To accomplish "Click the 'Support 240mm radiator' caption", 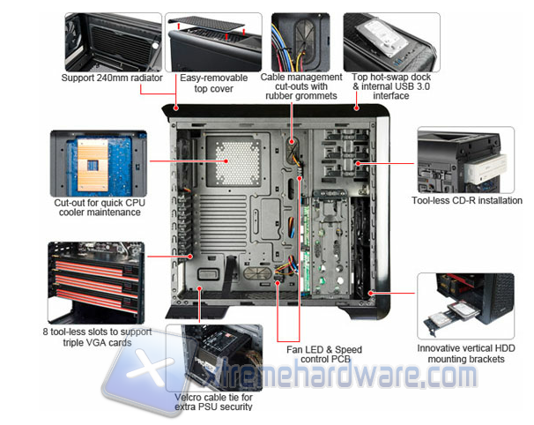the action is [112, 78].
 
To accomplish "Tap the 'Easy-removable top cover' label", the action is [213, 83].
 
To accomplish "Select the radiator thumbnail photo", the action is [114, 42].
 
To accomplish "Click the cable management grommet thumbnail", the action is [300, 42].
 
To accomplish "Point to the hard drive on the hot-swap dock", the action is [382, 38].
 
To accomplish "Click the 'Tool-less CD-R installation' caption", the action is [467, 200].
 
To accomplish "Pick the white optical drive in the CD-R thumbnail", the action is [485, 169].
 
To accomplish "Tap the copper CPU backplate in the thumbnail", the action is [93, 165].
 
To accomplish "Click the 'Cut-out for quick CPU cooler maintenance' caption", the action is [100, 207].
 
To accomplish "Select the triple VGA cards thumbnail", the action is [96, 283].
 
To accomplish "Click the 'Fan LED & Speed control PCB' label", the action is [324, 354].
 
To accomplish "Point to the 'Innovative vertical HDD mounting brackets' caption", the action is [466, 354].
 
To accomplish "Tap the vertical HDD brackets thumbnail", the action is [465, 306].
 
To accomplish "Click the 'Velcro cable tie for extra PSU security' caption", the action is [213, 402].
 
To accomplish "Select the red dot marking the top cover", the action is [176, 108].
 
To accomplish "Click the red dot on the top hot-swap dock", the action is [356, 108].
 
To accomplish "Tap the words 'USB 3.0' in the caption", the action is [412, 86].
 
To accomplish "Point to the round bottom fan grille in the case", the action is [257, 273].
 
